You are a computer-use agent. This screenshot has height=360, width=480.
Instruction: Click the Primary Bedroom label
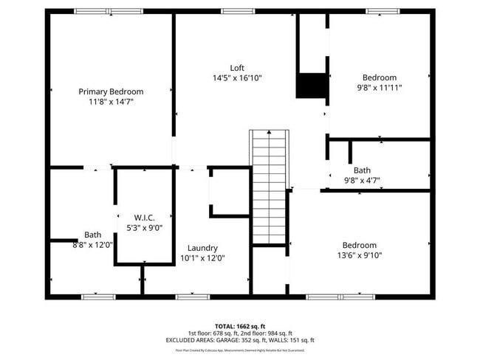[111, 91]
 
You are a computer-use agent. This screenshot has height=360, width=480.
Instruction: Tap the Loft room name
[237, 67]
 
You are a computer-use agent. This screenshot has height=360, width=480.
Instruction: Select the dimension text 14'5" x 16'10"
[237, 77]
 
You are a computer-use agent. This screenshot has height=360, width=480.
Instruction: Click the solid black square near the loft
[312, 86]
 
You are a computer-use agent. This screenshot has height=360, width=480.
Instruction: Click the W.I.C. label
[144, 218]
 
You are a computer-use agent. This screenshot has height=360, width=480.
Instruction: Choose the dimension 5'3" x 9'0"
[144, 228]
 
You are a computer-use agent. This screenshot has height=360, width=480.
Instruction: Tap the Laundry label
[202, 248]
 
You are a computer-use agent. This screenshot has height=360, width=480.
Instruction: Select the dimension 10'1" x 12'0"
[202, 258]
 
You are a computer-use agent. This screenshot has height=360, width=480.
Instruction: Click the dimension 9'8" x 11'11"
[379, 87]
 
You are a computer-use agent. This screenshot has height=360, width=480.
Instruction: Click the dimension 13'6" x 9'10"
[359, 255]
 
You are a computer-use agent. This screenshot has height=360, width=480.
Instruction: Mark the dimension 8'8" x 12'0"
[92, 245]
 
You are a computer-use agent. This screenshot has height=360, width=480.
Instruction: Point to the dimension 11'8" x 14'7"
[111, 102]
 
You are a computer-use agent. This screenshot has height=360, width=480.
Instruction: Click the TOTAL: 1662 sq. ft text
[239, 325]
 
